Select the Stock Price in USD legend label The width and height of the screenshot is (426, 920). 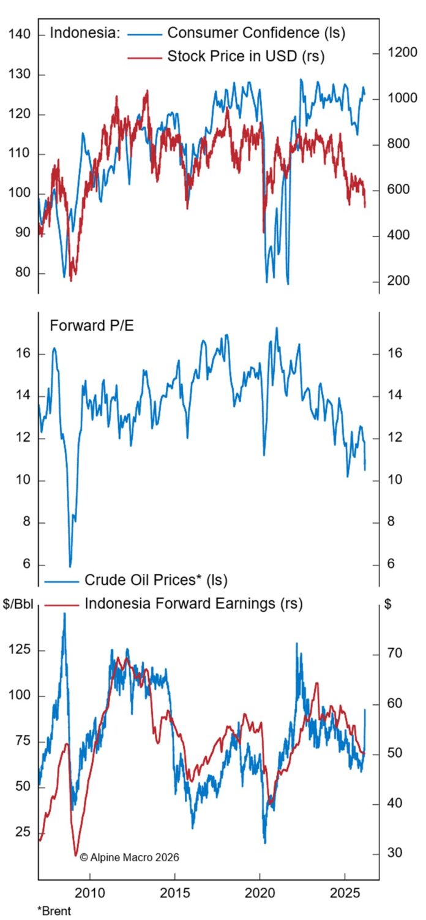coord(245,56)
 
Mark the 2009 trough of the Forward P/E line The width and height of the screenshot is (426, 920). coord(70,566)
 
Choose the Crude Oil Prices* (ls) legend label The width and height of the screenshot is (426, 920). coord(157,579)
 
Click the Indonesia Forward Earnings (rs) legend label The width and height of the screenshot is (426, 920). coord(193,604)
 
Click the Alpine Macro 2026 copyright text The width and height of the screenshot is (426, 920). coord(129,858)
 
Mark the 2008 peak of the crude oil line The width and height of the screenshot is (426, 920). coord(64,613)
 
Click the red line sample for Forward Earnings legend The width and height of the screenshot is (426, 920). coord(62,605)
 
